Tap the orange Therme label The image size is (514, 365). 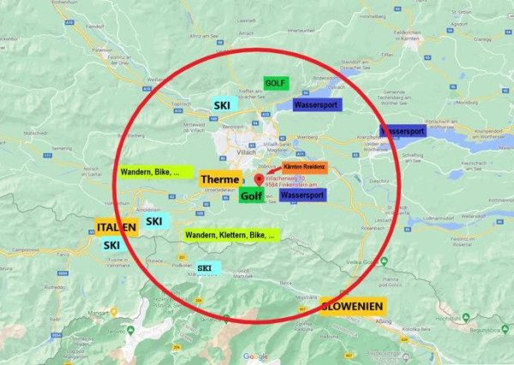click(x=220, y=179)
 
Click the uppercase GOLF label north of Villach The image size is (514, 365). click(x=275, y=83)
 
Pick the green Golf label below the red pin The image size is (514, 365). click(x=251, y=196)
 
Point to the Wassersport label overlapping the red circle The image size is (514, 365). click(x=402, y=132)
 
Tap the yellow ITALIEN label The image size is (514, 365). click(x=117, y=227)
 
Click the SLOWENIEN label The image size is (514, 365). click(x=353, y=306)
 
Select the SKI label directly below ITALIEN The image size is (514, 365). click(x=111, y=245)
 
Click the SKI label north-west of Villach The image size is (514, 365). click(x=222, y=105)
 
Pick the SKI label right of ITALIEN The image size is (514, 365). click(x=154, y=221)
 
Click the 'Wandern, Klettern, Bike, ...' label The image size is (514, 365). click(x=231, y=234)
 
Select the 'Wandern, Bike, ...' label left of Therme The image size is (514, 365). click(x=152, y=172)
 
